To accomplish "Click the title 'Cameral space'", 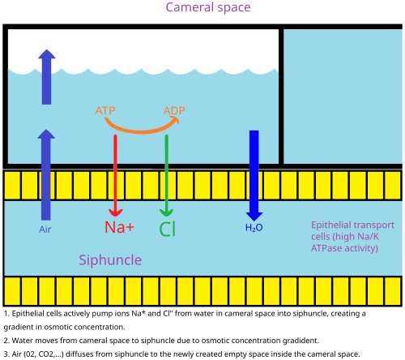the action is point(208,7).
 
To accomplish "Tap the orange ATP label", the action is point(105,110).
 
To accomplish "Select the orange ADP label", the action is point(174,110).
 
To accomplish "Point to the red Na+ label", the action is point(119,227).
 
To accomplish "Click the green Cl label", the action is point(168,229).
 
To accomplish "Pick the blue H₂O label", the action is point(254,228).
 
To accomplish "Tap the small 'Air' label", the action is point(45,229).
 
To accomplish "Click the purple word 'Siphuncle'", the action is point(110,260).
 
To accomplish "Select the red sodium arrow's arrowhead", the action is point(115,212).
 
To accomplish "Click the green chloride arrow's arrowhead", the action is point(166,212).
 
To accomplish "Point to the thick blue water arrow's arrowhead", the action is point(254,216).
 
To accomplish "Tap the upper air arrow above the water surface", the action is point(47,77).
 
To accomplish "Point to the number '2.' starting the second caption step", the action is point(6,341).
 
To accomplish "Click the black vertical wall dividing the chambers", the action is point(281,96).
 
